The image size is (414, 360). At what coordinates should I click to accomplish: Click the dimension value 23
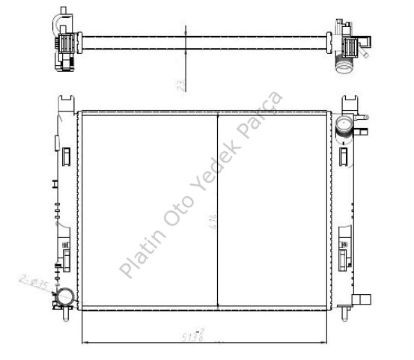pos(180,85)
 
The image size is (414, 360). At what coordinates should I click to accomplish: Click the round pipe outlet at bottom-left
pos(65,299)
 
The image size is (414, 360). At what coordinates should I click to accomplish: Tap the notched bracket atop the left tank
pos(67,102)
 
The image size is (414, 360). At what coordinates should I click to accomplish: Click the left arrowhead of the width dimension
pos(83,342)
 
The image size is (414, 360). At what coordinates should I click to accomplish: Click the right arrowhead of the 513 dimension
pos(328,342)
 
